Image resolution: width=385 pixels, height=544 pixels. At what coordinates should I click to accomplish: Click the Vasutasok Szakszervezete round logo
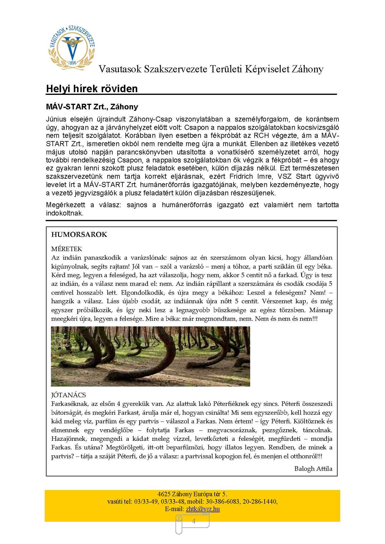coord(72,48)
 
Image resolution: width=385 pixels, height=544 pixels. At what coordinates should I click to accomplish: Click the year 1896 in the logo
coord(72,63)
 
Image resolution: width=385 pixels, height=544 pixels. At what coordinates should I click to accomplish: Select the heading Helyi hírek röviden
coord(92,89)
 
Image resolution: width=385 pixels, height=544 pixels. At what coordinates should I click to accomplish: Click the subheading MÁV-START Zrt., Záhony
coord(92,107)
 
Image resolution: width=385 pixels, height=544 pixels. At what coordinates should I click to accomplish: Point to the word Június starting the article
coord(56,119)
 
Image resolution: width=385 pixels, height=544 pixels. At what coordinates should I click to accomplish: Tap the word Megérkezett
coord(65,205)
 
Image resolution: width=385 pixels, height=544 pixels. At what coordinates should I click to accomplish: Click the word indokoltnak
coord(64,213)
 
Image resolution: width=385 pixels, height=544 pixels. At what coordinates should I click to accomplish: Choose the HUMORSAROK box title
coord(79,235)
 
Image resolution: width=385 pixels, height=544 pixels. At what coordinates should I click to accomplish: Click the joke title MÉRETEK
coord(67,249)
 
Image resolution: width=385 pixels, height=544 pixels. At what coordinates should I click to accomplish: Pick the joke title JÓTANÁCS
coord(69,395)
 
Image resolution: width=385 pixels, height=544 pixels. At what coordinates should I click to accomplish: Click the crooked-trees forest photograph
coord(150,356)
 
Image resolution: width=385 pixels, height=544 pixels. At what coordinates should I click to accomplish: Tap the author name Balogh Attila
coord(313,469)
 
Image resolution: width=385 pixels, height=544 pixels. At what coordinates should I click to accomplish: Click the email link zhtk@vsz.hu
coord(203,509)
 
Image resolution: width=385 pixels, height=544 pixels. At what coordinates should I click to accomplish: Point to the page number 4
coord(194,521)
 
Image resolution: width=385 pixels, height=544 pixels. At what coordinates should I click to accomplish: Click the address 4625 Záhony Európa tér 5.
coord(192,494)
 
